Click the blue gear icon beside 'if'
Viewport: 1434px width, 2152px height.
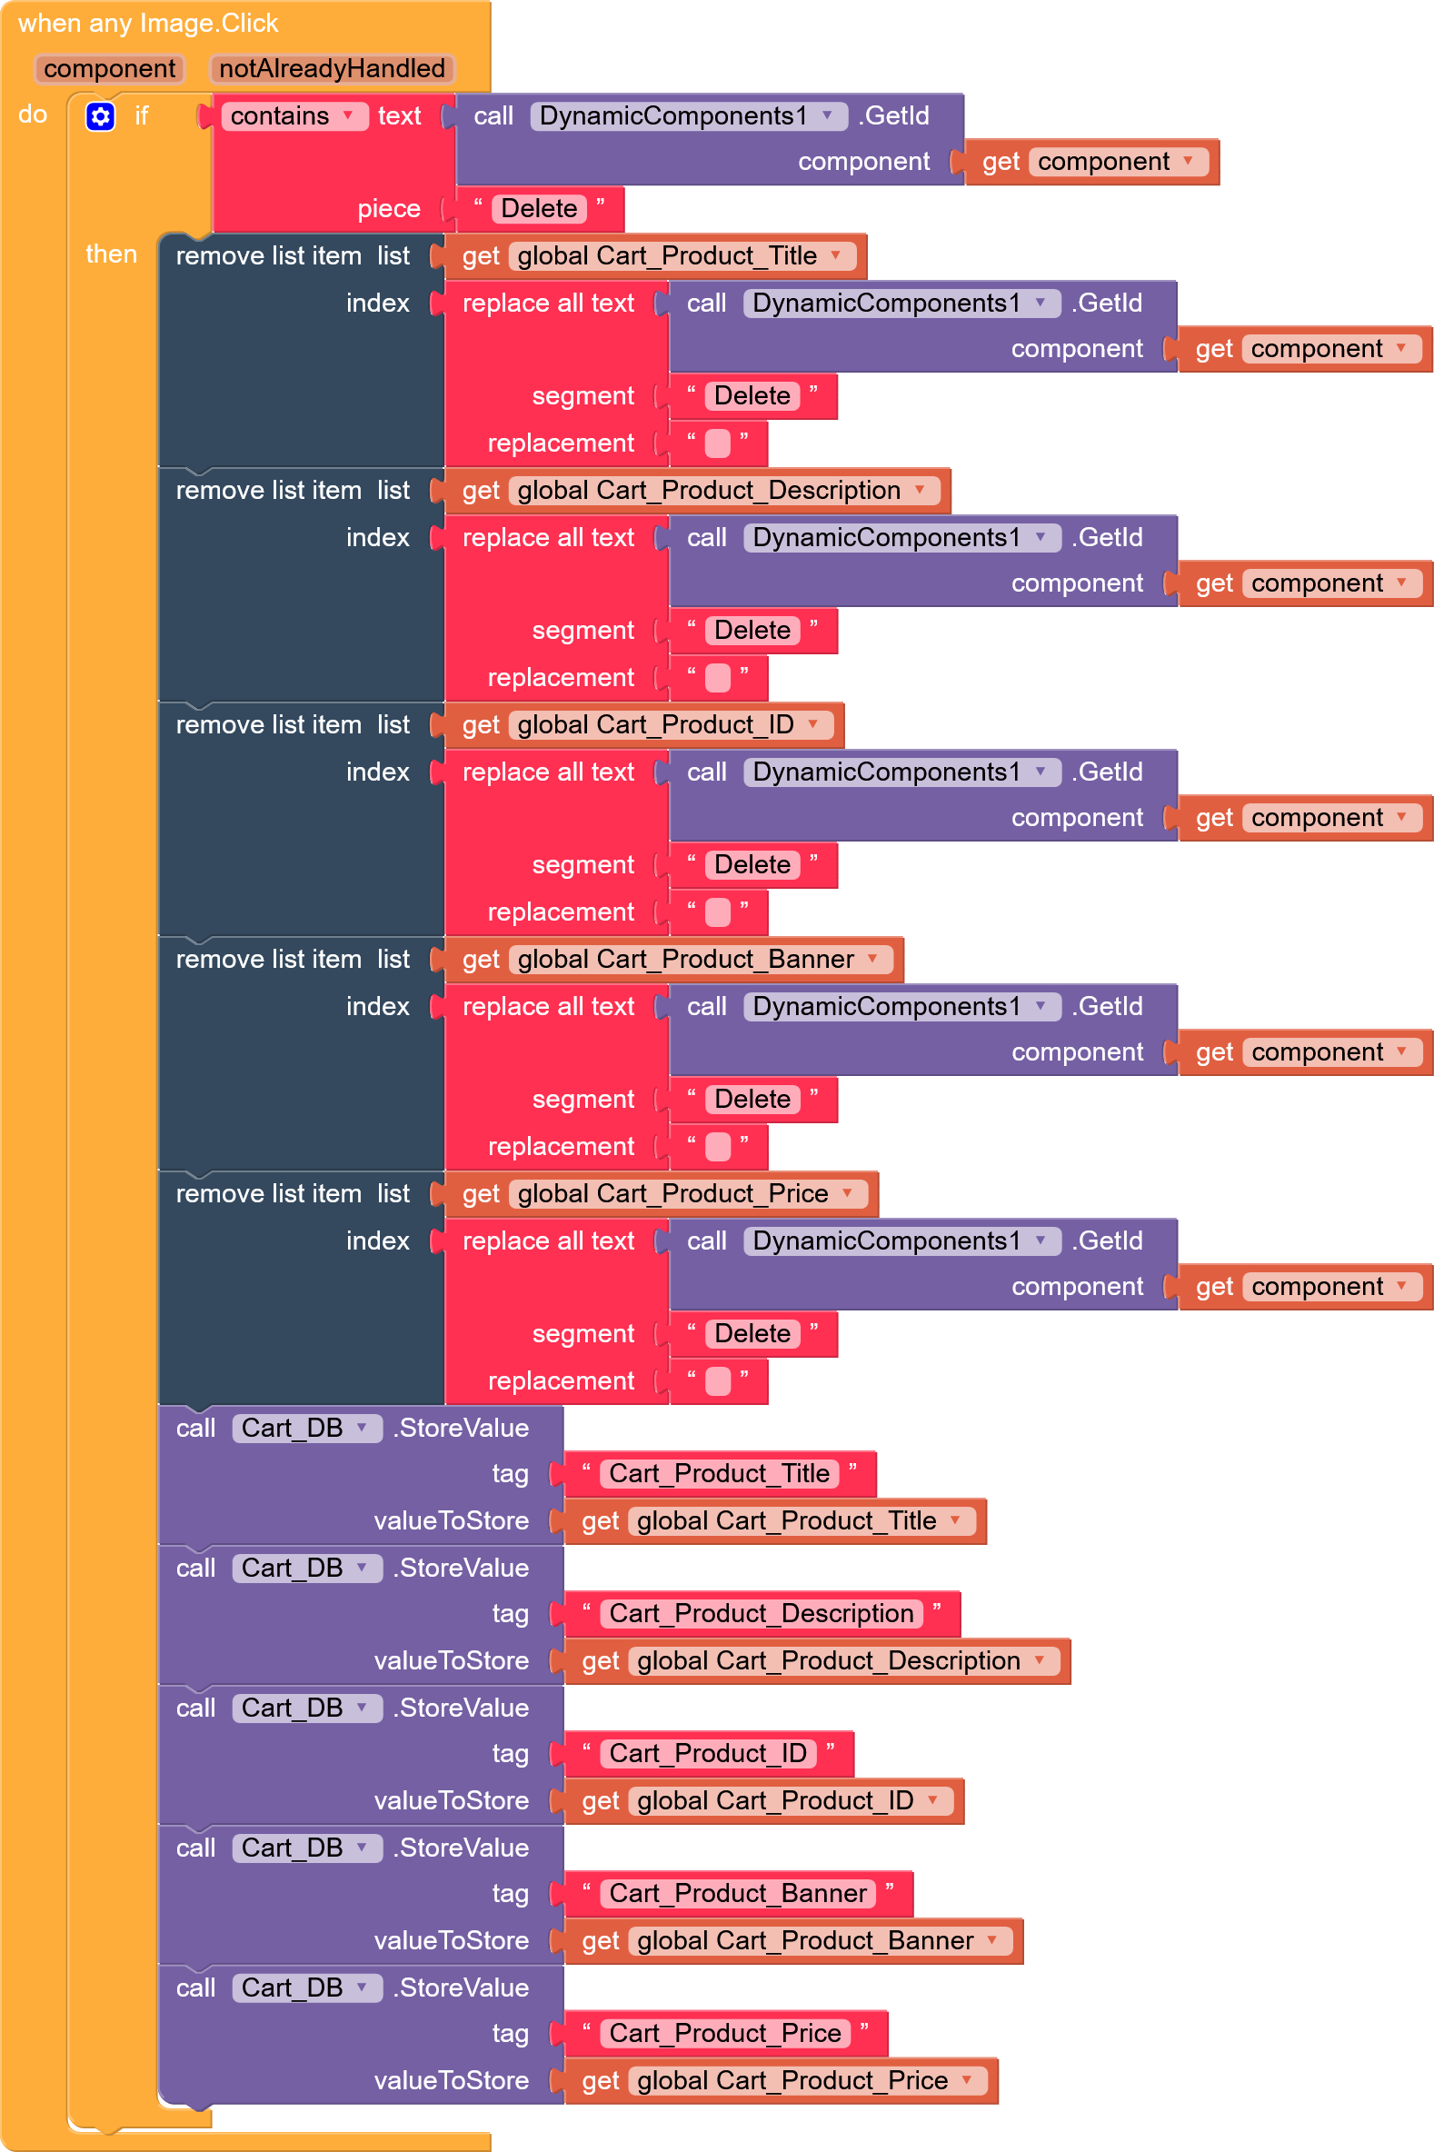pyautogui.click(x=101, y=116)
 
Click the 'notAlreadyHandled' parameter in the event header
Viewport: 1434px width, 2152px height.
pyautogui.click(x=332, y=68)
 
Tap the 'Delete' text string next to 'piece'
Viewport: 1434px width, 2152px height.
pyautogui.click(x=539, y=208)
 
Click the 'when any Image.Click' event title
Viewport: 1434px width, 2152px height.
pyautogui.click(x=148, y=23)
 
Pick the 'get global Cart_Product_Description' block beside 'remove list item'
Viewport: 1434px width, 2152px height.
pyautogui.click(x=698, y=490)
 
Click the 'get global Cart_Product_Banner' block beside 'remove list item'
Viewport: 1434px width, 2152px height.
pyautogui.click(x=674, y=960)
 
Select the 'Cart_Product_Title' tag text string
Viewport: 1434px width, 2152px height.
pyautogui.click(x=720, y=1473)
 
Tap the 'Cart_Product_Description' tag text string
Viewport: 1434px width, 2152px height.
pyautogui.click(x=762, y=1613)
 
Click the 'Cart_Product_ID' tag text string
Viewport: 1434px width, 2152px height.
pyautogui.click(x=709, y=1753)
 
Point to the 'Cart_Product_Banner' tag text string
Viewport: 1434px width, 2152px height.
pyautogui.click(x=738, y=1893)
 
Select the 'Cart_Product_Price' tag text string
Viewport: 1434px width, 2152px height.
pyautogui.click(x=725, y=2033)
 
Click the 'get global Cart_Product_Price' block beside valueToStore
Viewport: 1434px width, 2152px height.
pyautogui.click(x=781, y=2081)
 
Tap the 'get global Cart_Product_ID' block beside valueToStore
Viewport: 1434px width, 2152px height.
pyautogui.click(x=763, y=1801)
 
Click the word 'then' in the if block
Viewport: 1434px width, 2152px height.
pyautogui.click(x=112, y=254)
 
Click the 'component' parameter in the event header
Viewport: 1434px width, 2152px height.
pyautogui.click(x=110, y=68)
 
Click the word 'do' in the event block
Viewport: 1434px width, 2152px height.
pyautogui.click(x=33, y=115)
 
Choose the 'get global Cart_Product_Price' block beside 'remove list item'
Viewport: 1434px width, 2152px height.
pyautogui.click(x=662, y=1193)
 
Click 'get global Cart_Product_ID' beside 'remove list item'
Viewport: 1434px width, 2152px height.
pyautogui.click(x=643, y=725)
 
